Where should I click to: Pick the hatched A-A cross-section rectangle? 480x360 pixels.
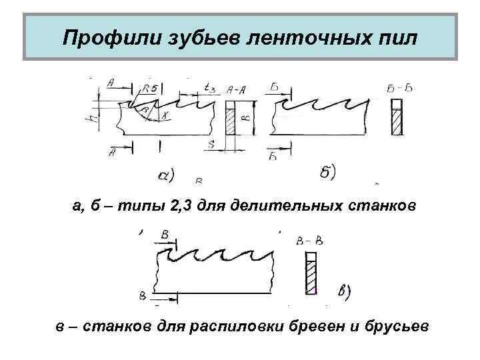tap(232, 119)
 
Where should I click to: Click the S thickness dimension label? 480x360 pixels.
tap(211, 145)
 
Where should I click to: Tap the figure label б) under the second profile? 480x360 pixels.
tap(327, 171)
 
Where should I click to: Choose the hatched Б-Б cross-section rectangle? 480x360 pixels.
tap(396, 118)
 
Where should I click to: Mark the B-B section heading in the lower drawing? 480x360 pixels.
tap(308, 239)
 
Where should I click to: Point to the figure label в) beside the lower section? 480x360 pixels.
tap(346, 291)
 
